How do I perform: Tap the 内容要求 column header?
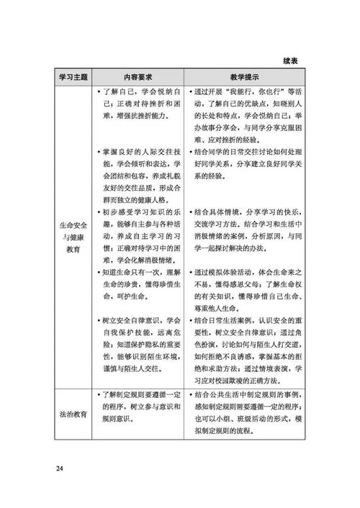click(137, 76)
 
